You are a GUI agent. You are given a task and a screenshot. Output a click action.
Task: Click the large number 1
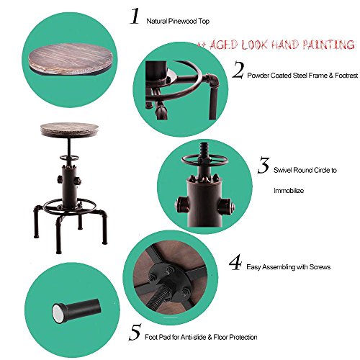(x=135, y=16)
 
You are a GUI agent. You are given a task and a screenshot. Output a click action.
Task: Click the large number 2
(x=238, y=70)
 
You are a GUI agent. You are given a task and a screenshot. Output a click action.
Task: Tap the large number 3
(x=264, y=165)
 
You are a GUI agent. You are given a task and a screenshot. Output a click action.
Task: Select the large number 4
(x=235, y=262)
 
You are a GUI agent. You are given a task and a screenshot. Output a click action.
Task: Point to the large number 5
(x=135, y=332)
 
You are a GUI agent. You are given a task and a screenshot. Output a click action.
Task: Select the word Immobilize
(x=289, y=191)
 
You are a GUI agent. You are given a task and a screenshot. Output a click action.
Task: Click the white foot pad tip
(x=58, y=313)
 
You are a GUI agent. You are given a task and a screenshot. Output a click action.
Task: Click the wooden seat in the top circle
(x=71, y=59)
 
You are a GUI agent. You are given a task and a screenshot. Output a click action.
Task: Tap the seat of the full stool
(x=70, y=130)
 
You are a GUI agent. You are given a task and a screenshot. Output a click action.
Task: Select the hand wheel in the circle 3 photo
(x=204, y=161)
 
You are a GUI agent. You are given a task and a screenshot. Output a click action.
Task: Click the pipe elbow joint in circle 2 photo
(x=212, y=81)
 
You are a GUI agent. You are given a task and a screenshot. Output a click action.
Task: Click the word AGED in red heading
(x=224, y=45)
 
